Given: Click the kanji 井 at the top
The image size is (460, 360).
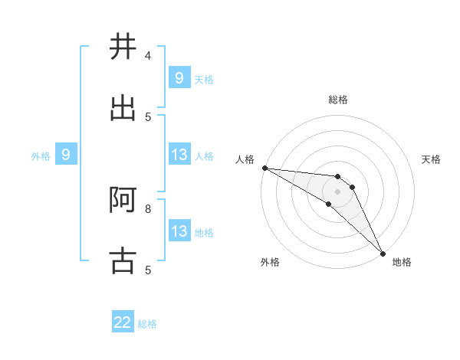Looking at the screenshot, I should [x=123, y=47].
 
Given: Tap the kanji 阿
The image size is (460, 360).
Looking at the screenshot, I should [x=123, y=200].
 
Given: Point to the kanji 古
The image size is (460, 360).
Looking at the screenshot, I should [x=123, y=260].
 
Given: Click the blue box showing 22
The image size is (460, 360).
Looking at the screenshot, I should [x=123, y=322].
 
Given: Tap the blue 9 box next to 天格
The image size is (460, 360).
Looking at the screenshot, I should [x=179, y=77].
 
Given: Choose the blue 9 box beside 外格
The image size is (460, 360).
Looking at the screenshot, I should [x=66, y=155].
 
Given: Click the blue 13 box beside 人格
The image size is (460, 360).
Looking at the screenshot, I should [x=179, y=155].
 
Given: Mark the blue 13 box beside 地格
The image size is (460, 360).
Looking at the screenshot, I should [x=179, y=231].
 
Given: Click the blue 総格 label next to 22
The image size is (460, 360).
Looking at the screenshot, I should [x=148, y=324].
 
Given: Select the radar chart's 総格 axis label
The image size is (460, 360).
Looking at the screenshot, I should [x=338, y=100].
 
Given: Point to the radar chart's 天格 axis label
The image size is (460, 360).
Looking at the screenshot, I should [x=431, y=159].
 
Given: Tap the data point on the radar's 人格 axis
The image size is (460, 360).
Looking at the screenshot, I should [x=264, y=168].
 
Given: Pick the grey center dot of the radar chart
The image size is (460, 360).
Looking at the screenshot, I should [x=337, y=191].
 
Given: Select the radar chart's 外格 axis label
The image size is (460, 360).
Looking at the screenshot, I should [x=270, y=262].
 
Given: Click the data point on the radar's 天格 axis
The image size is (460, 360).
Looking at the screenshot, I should [x=353, y=187].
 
